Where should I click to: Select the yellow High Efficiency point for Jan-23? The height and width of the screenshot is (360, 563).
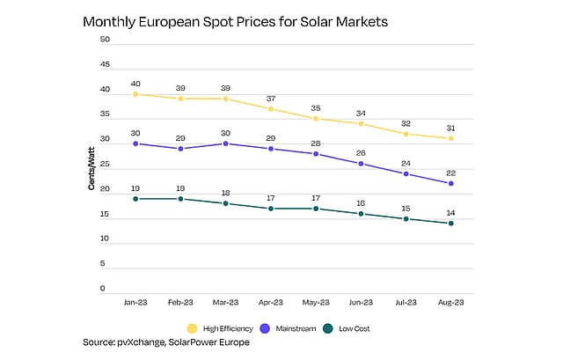[x=135, y=94]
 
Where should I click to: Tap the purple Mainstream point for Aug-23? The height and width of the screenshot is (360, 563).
[x=451, y=183]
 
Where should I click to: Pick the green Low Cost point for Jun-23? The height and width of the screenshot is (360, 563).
[x=361, y=214]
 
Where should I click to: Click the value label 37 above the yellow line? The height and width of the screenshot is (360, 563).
[x=271, y=98]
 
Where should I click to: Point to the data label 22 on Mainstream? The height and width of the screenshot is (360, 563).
[x=451, y=172]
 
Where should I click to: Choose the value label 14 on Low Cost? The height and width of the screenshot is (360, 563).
[x=451, y=212]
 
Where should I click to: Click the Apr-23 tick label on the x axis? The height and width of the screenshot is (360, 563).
[x=270, y=301]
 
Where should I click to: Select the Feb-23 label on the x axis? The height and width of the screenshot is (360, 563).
[x=180, y=301]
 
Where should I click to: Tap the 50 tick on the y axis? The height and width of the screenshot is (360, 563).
[x=105, y=40]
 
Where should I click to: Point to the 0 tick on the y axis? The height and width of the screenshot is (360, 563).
[x=103, y=288]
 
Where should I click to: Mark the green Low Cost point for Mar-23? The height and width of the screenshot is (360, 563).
[x=225, y=203]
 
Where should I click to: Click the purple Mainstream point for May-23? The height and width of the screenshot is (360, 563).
[x=316, y=154]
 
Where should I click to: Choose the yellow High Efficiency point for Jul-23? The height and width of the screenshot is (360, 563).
[x=406, y=134]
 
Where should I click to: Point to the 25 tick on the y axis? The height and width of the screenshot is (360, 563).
[x=105, y=164]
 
